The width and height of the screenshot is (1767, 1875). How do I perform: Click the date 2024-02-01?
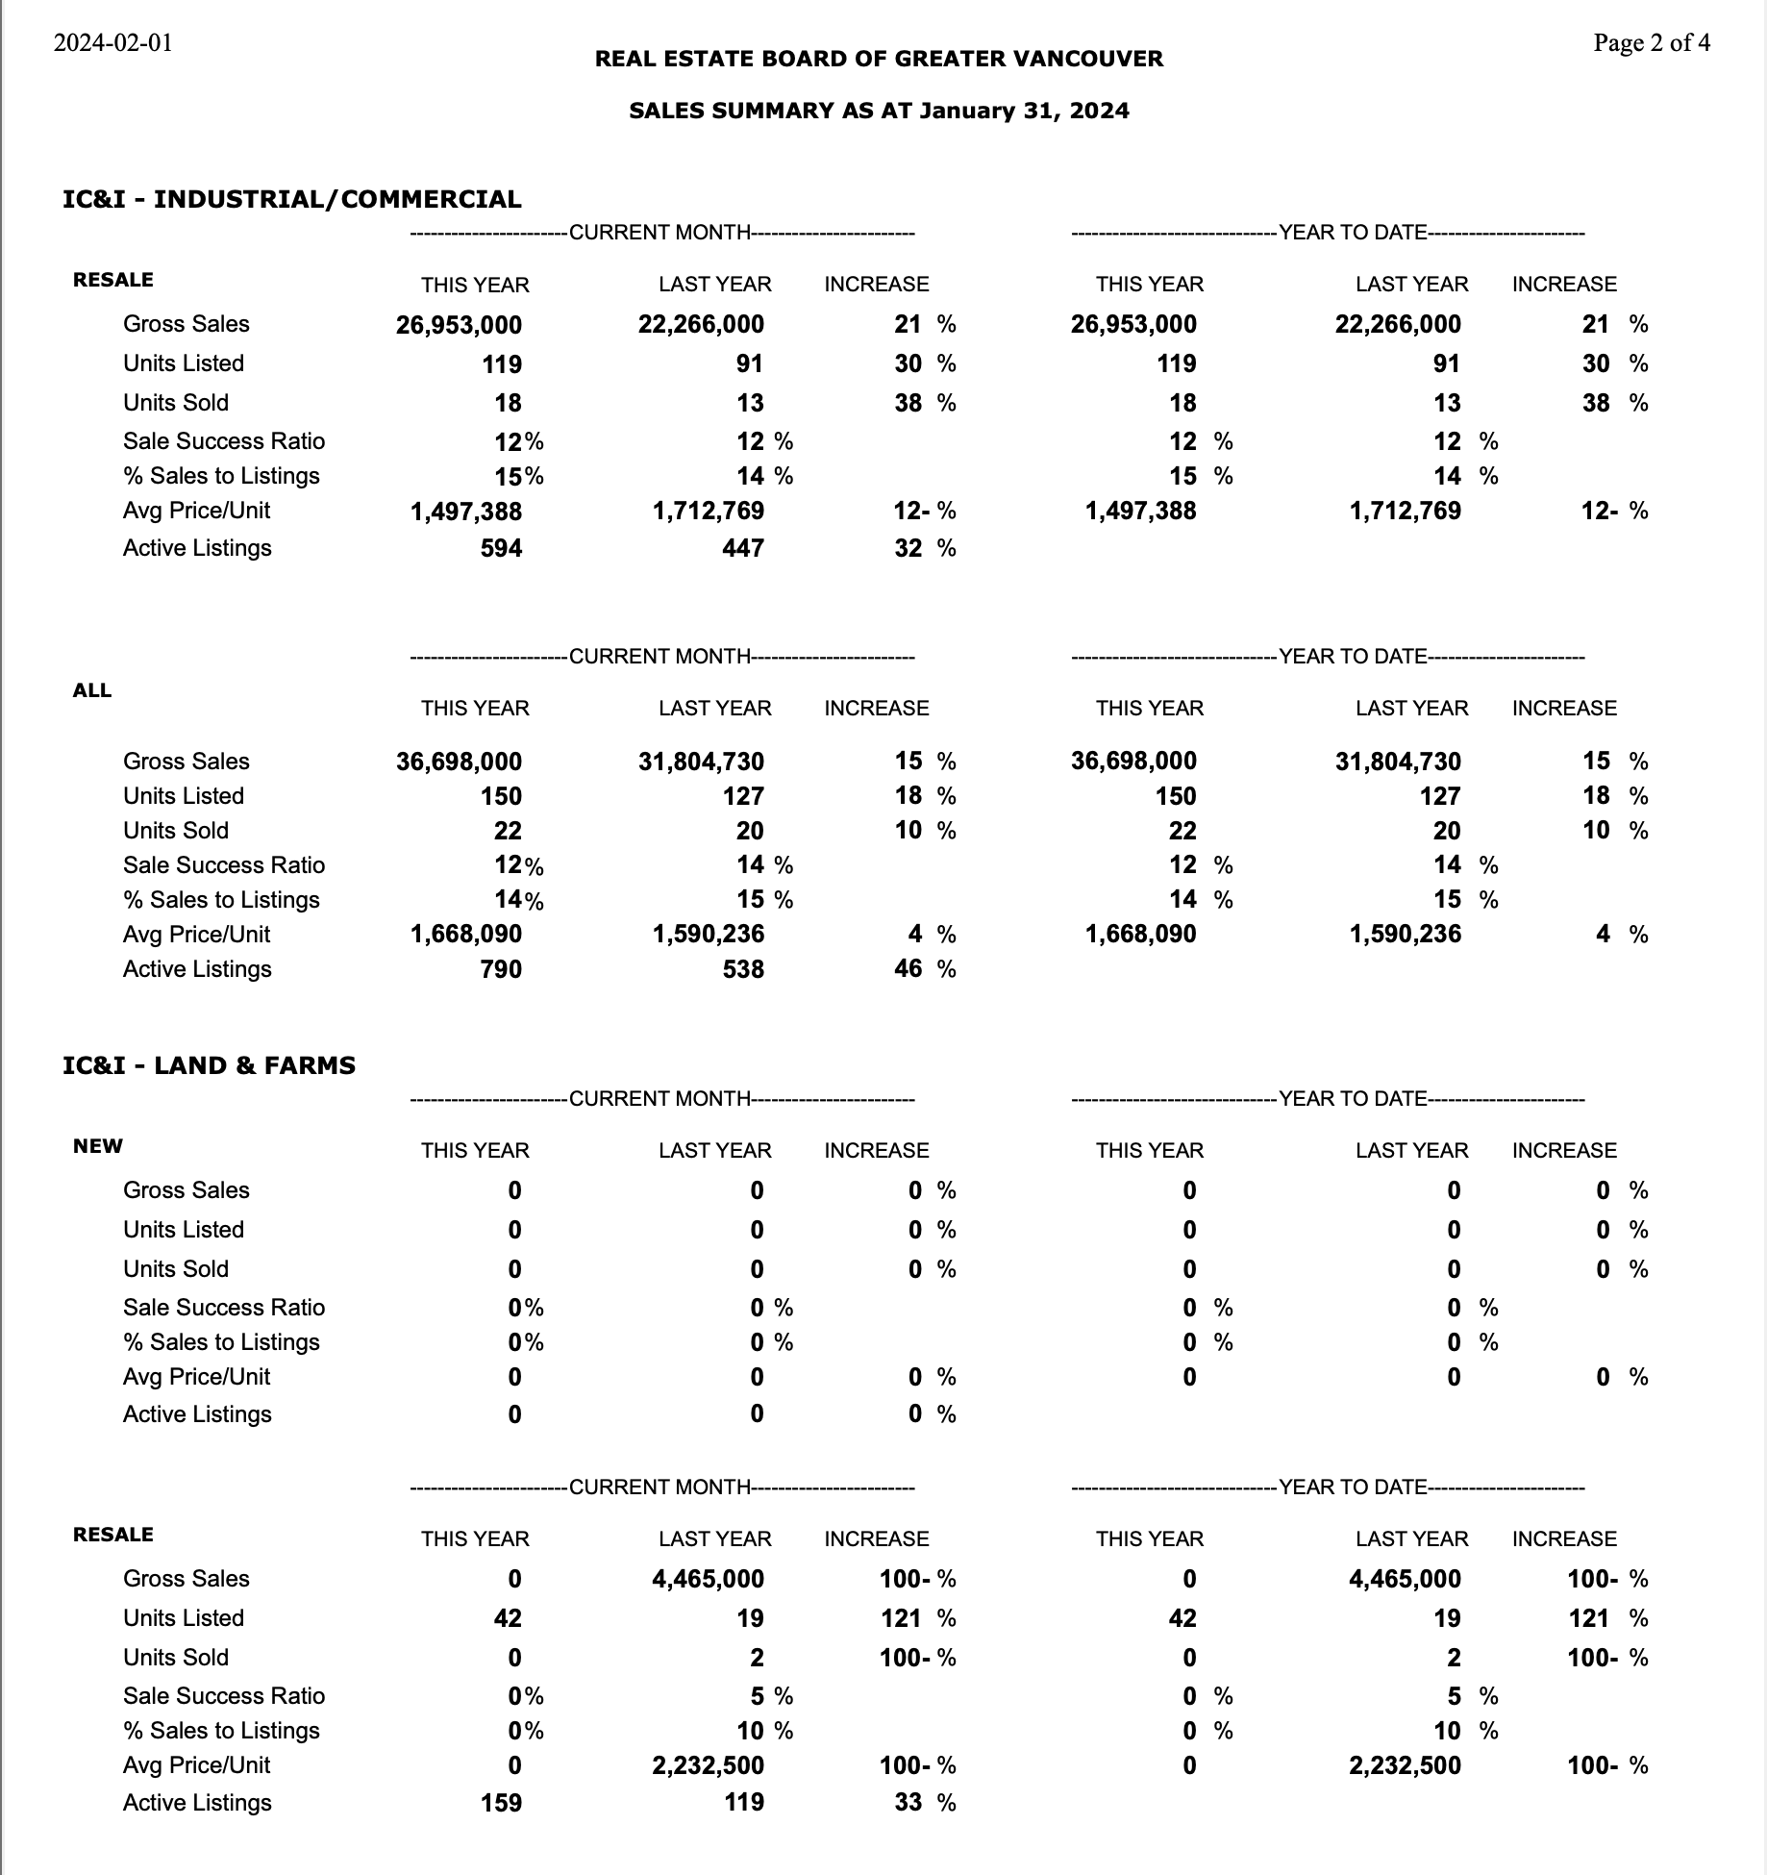click(113, 43)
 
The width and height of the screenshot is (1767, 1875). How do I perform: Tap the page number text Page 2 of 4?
click(1651, 43)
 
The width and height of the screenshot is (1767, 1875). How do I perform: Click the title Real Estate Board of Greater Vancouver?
click(879, 59)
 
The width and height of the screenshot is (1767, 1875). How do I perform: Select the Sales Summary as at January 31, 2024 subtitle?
click(879, 111)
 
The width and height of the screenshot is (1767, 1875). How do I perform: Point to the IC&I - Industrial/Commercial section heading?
click(292, 199)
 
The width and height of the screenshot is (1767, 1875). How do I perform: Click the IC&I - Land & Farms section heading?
click(209, 1065)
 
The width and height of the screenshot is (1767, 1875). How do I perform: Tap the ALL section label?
click(92, 690)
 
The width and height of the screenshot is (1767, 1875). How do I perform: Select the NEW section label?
click(98, 1146)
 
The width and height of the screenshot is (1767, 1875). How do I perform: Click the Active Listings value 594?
click(501, 549)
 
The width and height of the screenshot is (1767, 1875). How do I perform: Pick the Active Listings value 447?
click(743, 549)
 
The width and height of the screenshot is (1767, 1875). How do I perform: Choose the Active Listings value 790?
click(501, 969)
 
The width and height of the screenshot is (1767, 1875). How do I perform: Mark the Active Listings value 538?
click(743, 969)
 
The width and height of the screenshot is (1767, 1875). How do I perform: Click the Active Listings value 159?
click(501, 1803)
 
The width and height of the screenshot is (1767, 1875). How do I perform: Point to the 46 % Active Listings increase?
click(924, 969)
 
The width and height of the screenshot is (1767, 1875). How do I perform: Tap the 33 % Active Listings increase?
click(924, 1803)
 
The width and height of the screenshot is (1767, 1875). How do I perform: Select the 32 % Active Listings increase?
click(924, 549)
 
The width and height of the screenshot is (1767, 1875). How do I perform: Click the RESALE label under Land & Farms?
click(113, 1535)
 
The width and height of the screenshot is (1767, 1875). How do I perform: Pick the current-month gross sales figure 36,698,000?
click(459, 762)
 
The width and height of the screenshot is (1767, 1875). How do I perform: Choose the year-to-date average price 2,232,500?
click(1405, 1766)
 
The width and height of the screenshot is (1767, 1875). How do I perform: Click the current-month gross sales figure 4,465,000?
click(708, 1580)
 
